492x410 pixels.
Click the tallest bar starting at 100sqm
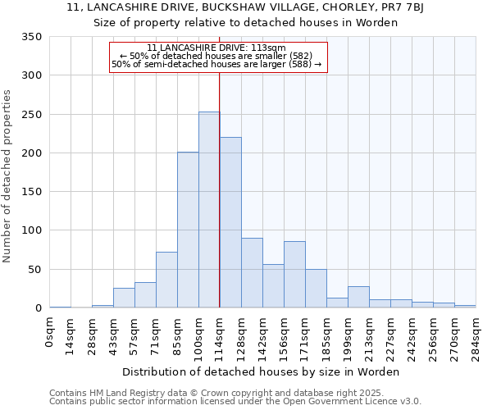209,210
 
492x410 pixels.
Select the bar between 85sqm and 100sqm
188,230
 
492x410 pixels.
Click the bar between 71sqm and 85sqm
166,280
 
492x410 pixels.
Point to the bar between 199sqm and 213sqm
358,297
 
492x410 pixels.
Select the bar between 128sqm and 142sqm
252,273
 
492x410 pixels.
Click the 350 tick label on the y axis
31,37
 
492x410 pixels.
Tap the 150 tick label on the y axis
31,192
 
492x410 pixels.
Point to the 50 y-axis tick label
34,270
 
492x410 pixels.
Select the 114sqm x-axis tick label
221,333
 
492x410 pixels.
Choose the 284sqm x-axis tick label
476,333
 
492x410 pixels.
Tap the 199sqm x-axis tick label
348,333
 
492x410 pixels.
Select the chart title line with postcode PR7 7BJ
245,8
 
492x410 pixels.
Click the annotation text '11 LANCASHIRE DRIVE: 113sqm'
216,48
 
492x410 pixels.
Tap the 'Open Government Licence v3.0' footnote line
235,401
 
